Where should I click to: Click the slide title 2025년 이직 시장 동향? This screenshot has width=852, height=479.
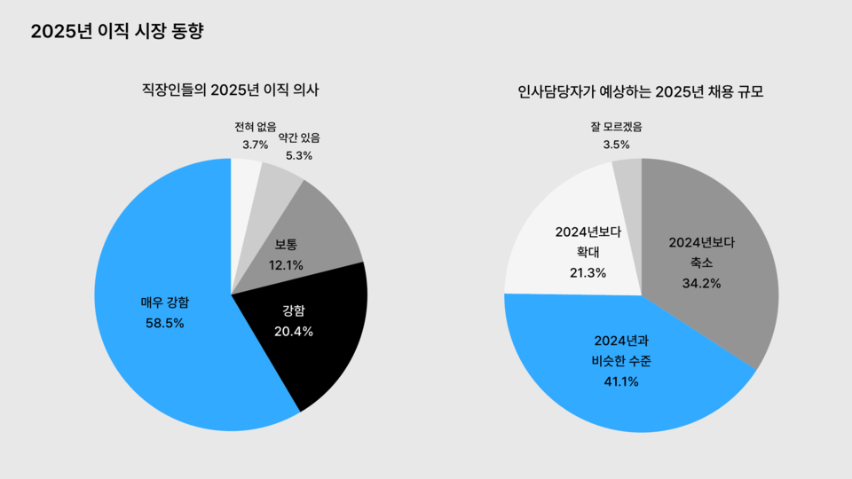pos(117,32)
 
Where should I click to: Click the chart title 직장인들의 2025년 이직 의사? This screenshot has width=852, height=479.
pos(231,90)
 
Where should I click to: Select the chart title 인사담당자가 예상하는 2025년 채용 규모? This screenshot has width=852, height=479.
pos(641,91)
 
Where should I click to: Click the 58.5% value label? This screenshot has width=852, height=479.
pos(165,323)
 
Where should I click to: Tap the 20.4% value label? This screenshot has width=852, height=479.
pos(293,331)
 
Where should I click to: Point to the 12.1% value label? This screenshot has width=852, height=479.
pos(286,264)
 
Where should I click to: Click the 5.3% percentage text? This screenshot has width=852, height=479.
pos(299,155)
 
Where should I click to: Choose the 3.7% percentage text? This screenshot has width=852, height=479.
pos(255,144)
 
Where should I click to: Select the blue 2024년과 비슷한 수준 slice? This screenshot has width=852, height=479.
pos(612,390)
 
